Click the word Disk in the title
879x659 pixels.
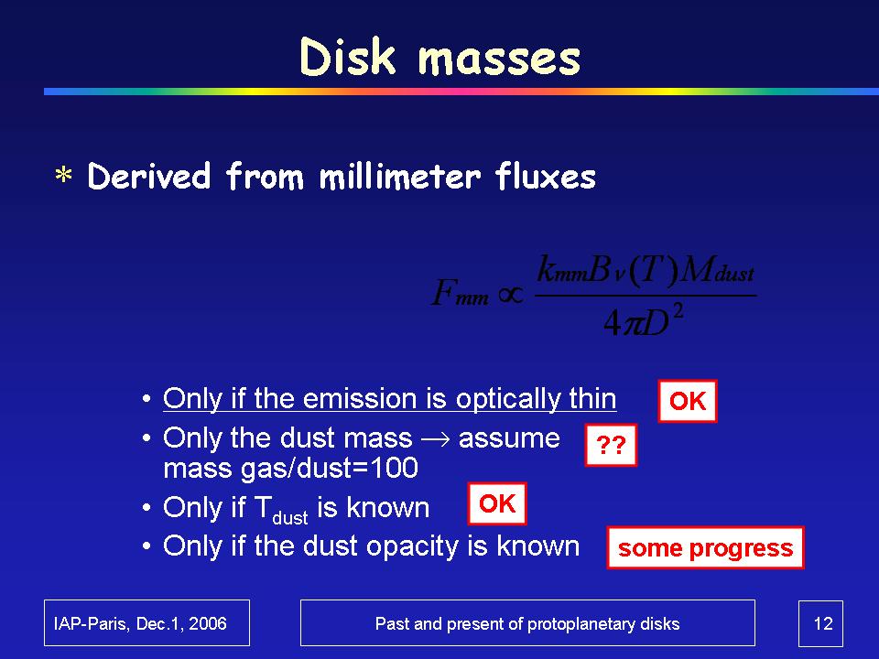348,57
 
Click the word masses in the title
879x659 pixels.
500,59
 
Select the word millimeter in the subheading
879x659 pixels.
400,176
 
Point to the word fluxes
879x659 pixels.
546,176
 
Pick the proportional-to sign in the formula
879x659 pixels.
511,294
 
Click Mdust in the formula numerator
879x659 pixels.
718,270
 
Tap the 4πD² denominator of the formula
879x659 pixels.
644,320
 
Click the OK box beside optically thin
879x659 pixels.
688,401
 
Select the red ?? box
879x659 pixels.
611,445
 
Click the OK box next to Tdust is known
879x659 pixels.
497,503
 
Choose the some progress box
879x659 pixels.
706,547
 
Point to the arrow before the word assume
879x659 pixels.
436,439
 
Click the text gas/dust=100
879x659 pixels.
330,468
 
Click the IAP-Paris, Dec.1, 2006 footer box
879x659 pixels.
146,623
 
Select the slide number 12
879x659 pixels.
823,623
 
